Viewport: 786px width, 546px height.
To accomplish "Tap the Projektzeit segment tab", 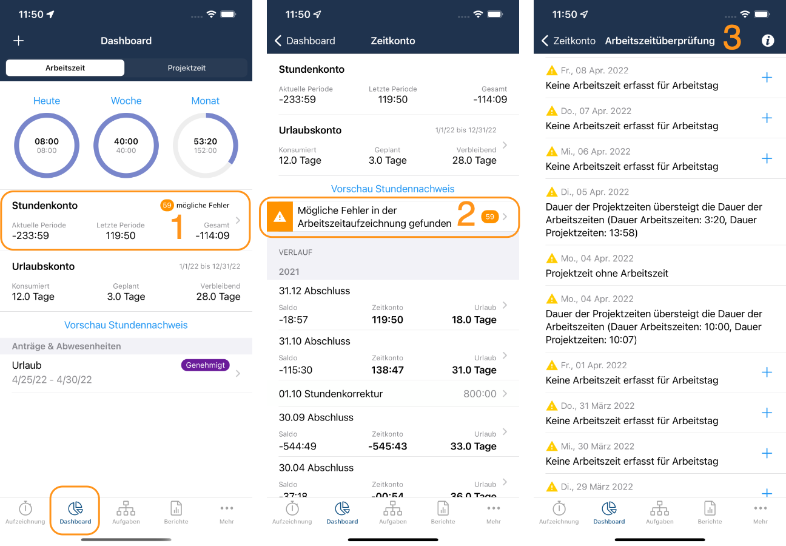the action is coord(186,68).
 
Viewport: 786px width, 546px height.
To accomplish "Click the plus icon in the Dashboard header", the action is coord(18,41).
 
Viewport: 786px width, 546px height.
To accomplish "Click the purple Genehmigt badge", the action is coord(205,365).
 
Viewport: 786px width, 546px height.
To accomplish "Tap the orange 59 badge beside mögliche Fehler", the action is coord(167,205).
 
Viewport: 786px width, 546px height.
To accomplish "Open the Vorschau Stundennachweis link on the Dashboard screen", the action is coord(126,325).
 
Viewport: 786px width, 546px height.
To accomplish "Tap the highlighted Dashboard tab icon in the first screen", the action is coord(75,508).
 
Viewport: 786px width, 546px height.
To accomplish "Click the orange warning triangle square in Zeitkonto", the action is coord(280,217).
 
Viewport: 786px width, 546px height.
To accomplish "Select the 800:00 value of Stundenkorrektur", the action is coord(480,394).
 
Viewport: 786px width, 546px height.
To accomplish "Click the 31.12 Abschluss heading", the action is coord(314,291).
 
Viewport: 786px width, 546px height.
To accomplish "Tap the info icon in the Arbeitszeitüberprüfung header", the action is coord(768,41).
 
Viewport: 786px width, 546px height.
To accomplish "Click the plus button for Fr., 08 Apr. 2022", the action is coord(767,78).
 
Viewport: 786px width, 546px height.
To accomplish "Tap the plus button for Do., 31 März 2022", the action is coord(767,413).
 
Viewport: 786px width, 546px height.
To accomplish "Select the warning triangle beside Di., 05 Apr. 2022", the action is coord(552,192).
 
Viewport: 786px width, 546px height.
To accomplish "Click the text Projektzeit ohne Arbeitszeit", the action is coord(606,273).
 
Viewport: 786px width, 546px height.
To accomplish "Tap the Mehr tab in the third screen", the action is coord(761,513).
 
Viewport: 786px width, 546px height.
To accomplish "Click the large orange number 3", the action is coord(732,38).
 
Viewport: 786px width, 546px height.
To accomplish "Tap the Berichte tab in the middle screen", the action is coord(443,513).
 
